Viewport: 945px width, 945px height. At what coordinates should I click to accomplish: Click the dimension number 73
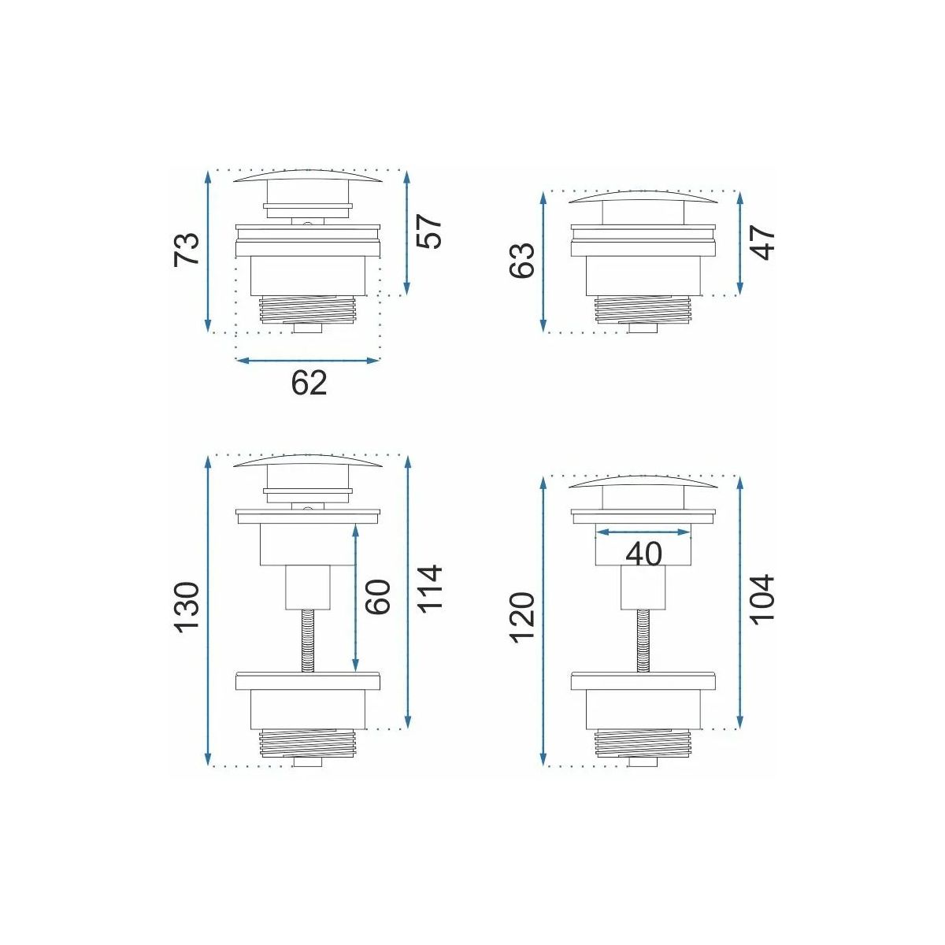(x=187, y=249)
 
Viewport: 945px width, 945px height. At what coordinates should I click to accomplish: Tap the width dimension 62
(x=309, y=383)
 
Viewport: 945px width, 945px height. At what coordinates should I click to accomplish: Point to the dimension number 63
(x=522, y=261)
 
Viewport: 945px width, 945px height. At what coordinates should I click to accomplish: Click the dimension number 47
(x=763, y=243)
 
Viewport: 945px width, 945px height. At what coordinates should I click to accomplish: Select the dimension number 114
(x=429, y=587)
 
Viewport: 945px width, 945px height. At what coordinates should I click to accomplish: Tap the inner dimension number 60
(x=377, y=597)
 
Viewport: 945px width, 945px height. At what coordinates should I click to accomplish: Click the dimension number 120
(x=522, y=617)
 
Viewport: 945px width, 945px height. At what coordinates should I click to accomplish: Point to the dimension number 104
(x=763, y=599)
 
